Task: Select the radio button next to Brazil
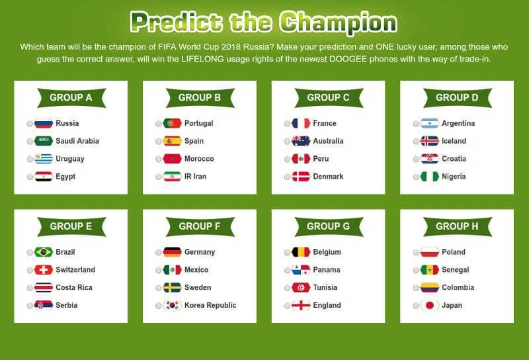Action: click(x=30, y=252)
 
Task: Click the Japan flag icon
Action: click(x=429, y=305)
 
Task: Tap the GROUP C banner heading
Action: click(x=328, y=97)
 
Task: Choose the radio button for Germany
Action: click(x=159, y=252)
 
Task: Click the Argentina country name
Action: click(x=458, y=123)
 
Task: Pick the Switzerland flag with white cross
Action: click(x=44, y=270)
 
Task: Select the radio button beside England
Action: click(x=287, y=306)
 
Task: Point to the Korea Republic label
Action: click(x=210, y=305)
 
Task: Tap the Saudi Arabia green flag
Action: click(x=44, y=141)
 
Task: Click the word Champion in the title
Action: click(x=339, y=22)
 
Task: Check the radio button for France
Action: click(x=287, y=124)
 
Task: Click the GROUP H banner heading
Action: click(x=457, y=226)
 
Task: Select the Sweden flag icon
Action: click(x=172, y=287)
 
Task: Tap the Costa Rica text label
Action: click(x=74, y=287)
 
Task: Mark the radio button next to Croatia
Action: click(x=416, y=159)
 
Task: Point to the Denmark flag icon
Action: click(x=301, y=176)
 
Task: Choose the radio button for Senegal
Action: click(x=416, y=270)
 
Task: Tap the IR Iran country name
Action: click(x=195, y=176)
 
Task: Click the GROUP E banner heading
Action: click(x=71, y=226)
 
